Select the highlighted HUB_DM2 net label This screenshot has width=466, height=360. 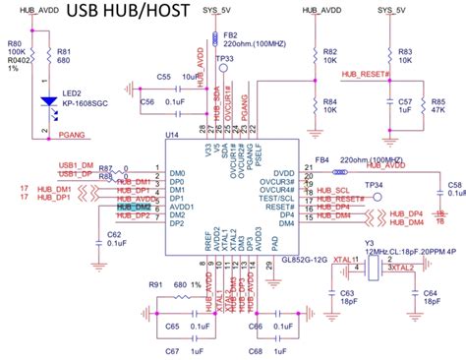(135, 207)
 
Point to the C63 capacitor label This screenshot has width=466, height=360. (348, 293)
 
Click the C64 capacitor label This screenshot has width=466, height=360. (430, 293)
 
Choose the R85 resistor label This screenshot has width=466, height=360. (438, 101)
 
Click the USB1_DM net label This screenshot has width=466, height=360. (74, 166)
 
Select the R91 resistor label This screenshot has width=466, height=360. (155, 284)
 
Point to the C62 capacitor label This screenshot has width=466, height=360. (114, 235)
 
